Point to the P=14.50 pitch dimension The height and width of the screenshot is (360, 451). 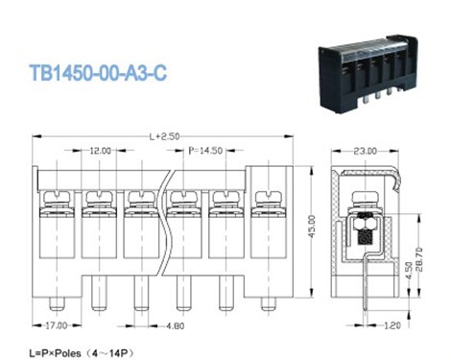pos(205,152)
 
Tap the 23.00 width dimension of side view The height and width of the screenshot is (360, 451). pos(366,151)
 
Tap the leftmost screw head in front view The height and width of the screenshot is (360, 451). pos(57,199)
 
